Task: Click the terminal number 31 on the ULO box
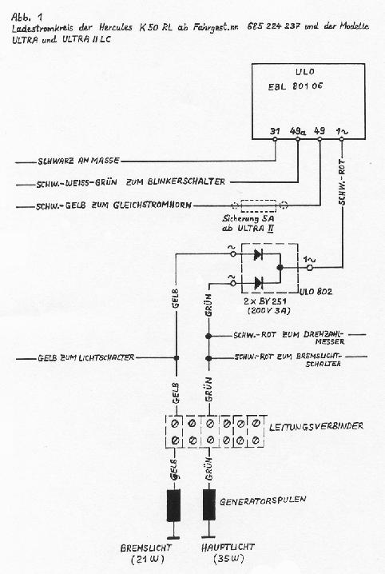point(275,130)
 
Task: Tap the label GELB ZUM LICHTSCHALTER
point(85,357)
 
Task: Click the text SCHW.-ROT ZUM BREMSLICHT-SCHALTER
point(290,359)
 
